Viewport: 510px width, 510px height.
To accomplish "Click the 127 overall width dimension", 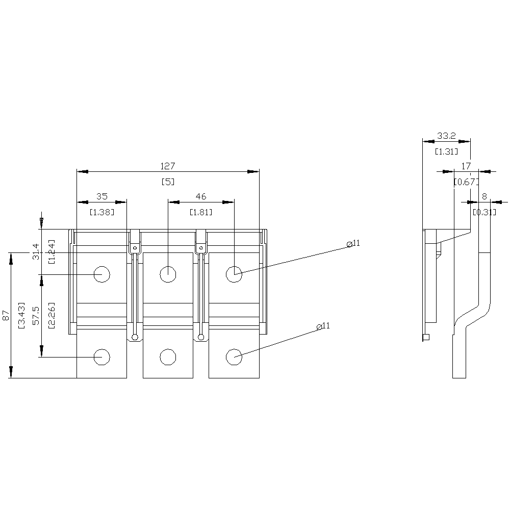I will pos(168,166).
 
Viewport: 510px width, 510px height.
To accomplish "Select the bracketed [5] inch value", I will pos(168,181).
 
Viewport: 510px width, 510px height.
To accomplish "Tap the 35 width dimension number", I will pos(101,196).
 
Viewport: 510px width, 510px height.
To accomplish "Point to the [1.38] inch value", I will pos(101,211).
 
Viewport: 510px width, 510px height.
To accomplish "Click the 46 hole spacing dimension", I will pos(201,196).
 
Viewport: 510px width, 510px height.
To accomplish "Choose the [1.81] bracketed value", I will pos(201,211).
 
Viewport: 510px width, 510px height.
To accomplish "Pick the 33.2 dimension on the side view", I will pos(446,136).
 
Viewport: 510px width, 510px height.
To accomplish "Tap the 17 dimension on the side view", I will pos(466,166).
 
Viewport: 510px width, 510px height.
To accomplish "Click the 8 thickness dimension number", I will pos(484,196).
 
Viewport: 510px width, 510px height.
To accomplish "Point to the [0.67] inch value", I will pos(466,181).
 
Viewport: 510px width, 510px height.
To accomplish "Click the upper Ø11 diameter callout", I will pos(353,244).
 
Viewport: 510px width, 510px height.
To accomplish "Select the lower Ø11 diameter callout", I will pos(323,326).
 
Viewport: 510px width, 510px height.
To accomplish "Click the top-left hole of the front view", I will pos(101,274).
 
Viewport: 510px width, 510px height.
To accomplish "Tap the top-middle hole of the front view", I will pos(168,274).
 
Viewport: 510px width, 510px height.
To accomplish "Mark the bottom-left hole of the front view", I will pos(101,357).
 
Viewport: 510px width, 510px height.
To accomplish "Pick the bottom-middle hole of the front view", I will pos(168,357).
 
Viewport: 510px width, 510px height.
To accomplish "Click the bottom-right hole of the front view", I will pos(234,357).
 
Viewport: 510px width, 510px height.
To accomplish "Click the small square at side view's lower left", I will pos(426,337).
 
